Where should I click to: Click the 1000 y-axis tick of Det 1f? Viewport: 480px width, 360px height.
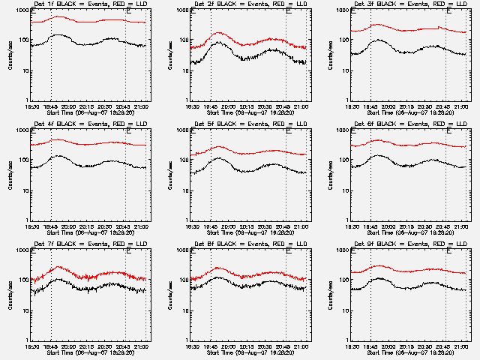pos(19,11)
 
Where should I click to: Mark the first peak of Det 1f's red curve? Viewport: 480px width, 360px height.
pos(58,16)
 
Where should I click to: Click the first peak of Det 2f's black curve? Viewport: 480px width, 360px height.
pos(219,43)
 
